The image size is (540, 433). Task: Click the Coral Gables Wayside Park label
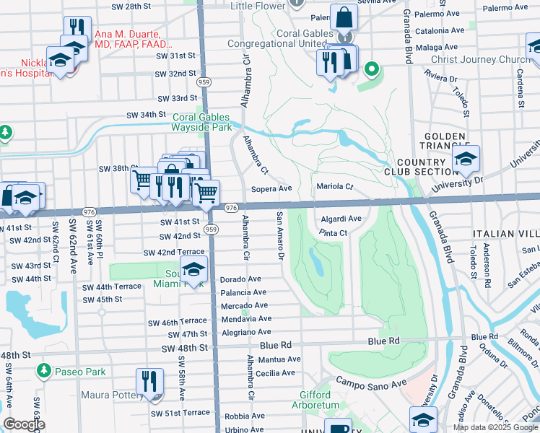pyautogui.click(x=201, y=122)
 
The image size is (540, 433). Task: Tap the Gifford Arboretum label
pyautogui.click(x=320, y=400)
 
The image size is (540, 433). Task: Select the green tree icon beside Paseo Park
pyautogui.click(x=43, y=371)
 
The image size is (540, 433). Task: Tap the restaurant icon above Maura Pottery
pyautogui.click(x=150, y=381)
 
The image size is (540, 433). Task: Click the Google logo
pyautogui.click(x=24, y=424)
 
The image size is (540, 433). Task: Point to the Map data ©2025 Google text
pyautogui.click(x=495, y=427)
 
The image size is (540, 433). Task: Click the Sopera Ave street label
pyautogui.click(x=271, y=188)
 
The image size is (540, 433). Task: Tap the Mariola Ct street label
pyautogui.click(x=334, y=187)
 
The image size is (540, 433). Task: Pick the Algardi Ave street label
pyautogui.click(x=341, y=218)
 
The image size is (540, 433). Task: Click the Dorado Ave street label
pyautogui.click(x=240, y=279)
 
